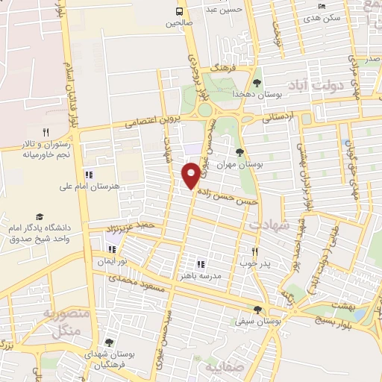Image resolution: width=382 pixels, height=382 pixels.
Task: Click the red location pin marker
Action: pyautogui.click(x=190, y=175)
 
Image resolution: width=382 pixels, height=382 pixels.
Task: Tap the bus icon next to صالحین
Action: pyautogui.click(x=179, y=11)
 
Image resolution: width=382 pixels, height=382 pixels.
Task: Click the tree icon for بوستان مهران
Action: pyautogui.click(x=240, y=153)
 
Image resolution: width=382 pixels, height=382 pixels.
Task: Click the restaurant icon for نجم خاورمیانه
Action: pyautogui.click(x=46, y=132)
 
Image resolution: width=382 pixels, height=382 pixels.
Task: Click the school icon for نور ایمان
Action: pyautogui.click(x=112, y=251)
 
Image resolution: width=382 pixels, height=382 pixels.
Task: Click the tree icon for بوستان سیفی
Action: pyautogui.click(x=257, y=309)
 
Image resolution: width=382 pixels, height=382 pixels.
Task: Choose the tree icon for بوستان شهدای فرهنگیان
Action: pyautogui.click(x=110, y=342)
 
